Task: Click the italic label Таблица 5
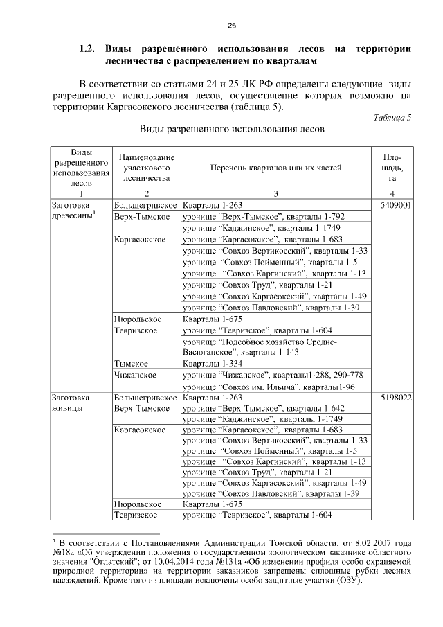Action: coord(392,117)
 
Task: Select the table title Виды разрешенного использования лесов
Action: coord(232,130)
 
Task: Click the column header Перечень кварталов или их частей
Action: coord(276,168)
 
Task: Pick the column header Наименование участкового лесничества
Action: coord(146,168)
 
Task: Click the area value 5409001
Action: coord(395,206)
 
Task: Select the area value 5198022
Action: coord(395,398)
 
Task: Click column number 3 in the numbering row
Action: coord(275,194)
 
